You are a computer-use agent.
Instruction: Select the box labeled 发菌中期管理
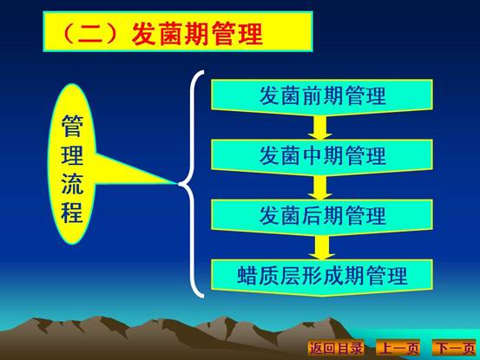point(322,157)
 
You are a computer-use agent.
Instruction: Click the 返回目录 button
point(336,348)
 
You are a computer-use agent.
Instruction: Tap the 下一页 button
point(455,348)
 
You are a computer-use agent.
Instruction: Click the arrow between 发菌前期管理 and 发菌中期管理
point(320,128)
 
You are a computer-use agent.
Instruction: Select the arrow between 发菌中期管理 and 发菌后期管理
point(320,187)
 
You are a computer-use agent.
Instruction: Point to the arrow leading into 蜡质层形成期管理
point(321,248)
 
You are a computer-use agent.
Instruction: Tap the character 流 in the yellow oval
point(72,184)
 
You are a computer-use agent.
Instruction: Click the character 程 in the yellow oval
point(72,212)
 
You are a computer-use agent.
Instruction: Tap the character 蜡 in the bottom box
point(247,276)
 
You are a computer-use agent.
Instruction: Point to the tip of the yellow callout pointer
point(177,184)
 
